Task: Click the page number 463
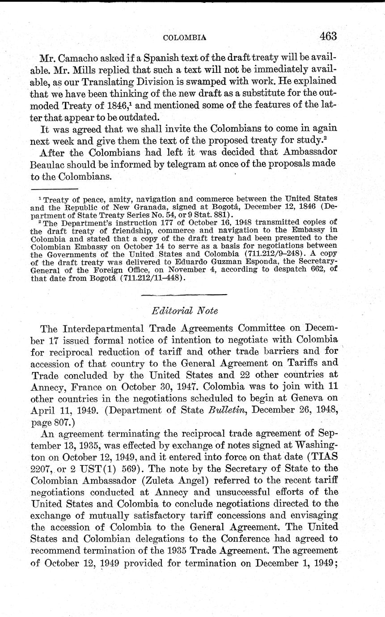[x=328, y=36]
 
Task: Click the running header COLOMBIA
[x=185, y=38]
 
